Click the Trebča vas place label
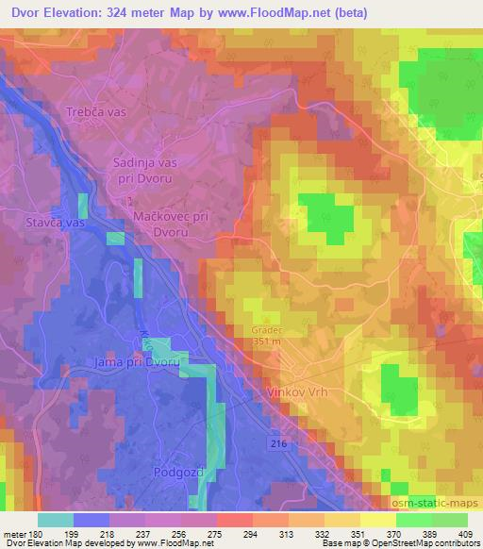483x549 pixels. click(96, 112)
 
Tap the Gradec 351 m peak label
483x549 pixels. click(266, 337)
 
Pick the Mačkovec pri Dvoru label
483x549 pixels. click(169, 223)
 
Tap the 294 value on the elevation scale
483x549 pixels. click(251, 535)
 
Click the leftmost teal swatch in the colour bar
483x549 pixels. click(55, 520)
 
